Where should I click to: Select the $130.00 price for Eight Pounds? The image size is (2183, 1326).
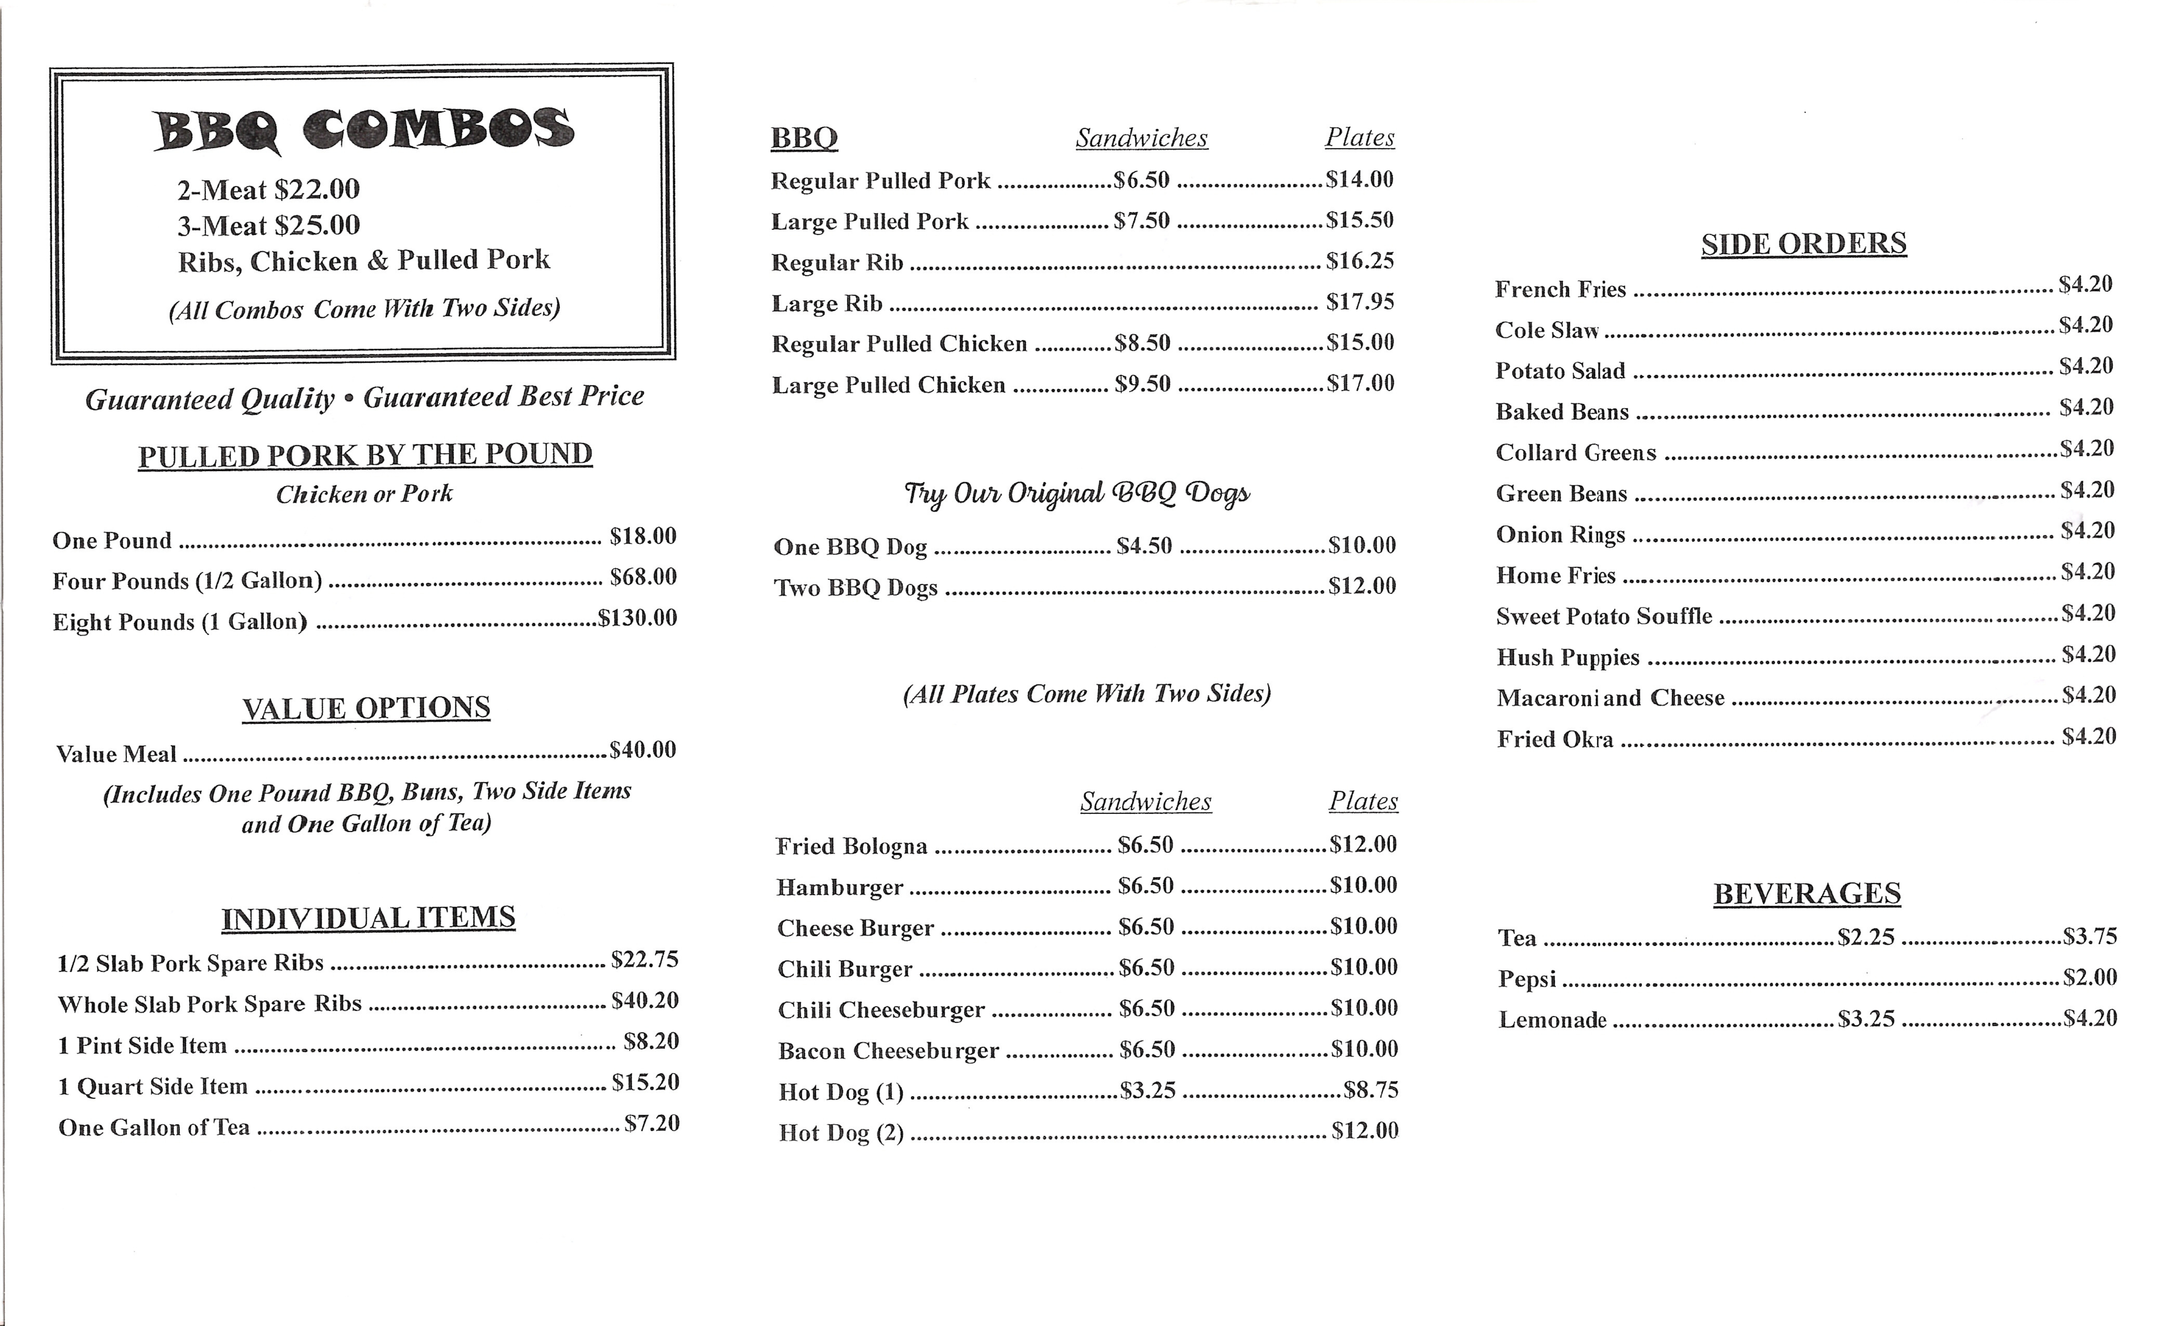coord(637,618)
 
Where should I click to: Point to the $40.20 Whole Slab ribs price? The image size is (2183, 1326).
coord(645,1001)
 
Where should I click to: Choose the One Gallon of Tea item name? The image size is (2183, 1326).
coord(154,1127)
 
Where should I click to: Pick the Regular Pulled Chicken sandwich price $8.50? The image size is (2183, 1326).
coord(1143,343)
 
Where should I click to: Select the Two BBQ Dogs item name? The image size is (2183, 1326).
coord(856,588)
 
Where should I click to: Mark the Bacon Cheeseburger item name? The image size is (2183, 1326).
coord(889,1051)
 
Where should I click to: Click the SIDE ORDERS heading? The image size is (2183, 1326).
coord(1804,244)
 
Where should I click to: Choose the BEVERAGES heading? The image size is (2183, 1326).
coord(1806,893)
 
